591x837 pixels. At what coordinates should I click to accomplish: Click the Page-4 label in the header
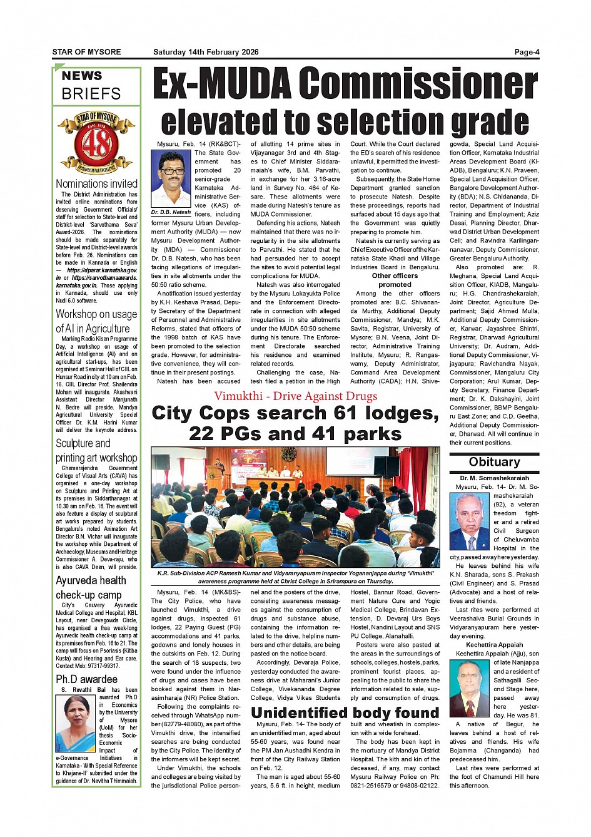[x=527, y=52]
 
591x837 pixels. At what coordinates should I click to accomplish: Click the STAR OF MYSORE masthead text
[x=86, y=52]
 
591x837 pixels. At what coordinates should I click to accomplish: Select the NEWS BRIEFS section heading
[x=91, y=85]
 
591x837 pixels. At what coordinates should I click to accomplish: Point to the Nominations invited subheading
[x=96, y=183]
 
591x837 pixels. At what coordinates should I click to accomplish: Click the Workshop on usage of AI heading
[x=96, y=321]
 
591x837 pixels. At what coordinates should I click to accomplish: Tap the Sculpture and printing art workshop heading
[x=96, y=450]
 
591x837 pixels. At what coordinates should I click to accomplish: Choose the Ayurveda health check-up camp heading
[x=91, y=587]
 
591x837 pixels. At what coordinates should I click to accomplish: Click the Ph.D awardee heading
[x=86, y=679]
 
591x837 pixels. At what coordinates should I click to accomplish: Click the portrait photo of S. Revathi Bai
[x=75, y=724]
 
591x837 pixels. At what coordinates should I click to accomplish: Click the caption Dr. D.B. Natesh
[x=171, y=212]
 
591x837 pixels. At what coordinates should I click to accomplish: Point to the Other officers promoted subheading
[x=395, y=280]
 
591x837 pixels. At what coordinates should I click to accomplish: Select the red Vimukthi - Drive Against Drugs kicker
[x=295, y=396]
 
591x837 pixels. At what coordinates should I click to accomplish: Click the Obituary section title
[x=494, y=462]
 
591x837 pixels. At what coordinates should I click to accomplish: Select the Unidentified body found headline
[x=345, y=712]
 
